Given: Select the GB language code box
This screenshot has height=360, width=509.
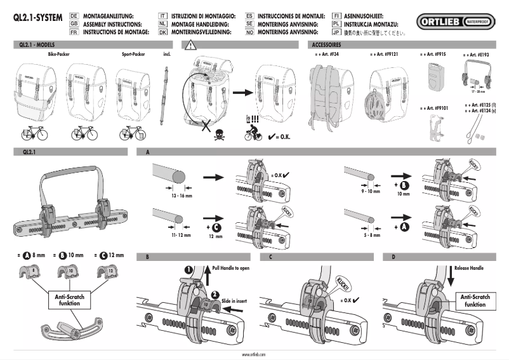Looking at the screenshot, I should pos(74,22).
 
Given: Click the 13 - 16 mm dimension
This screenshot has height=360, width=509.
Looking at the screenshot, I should pos(176,196).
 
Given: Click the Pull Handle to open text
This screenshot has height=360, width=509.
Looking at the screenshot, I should pos(232,269).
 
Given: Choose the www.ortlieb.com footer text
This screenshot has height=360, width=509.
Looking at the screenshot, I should pos(254,354).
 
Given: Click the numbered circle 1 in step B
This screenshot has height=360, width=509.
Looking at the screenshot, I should pos(188,269).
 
